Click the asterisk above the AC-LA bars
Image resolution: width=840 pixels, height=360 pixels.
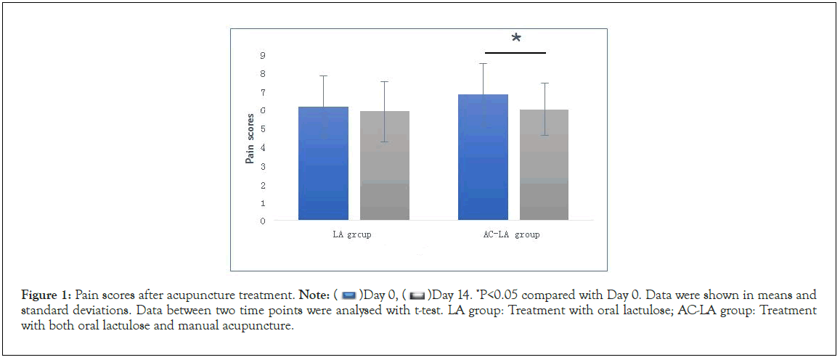tap(516, 39)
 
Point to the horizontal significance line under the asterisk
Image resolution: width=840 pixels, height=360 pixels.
tap(515, 53)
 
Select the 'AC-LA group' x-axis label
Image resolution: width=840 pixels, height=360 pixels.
tap(514, 235)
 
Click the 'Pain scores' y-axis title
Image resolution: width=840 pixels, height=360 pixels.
tap(250, 138)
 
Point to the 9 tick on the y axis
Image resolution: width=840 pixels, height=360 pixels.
tap(262, 55)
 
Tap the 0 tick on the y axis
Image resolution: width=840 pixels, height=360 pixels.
tap(262, 221)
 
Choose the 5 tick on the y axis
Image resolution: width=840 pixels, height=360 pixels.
tap(262, 129)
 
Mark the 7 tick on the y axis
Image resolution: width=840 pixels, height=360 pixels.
tap(262, 92)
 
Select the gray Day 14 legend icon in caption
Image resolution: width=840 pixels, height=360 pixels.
tap(417, 295)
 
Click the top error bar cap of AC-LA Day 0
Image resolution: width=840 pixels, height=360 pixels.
tap(483, 64)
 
